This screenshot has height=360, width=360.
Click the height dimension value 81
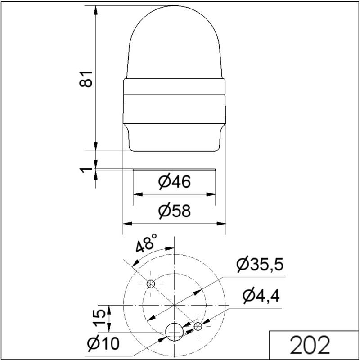[86, 79]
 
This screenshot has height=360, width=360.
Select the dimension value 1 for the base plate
[85, 171]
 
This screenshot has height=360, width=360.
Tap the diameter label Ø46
[175, 182]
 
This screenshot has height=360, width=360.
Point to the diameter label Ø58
[175, 211]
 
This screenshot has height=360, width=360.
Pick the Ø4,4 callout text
[261, 296]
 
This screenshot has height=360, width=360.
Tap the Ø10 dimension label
[103, 343]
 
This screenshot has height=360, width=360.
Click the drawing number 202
[310, 345]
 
